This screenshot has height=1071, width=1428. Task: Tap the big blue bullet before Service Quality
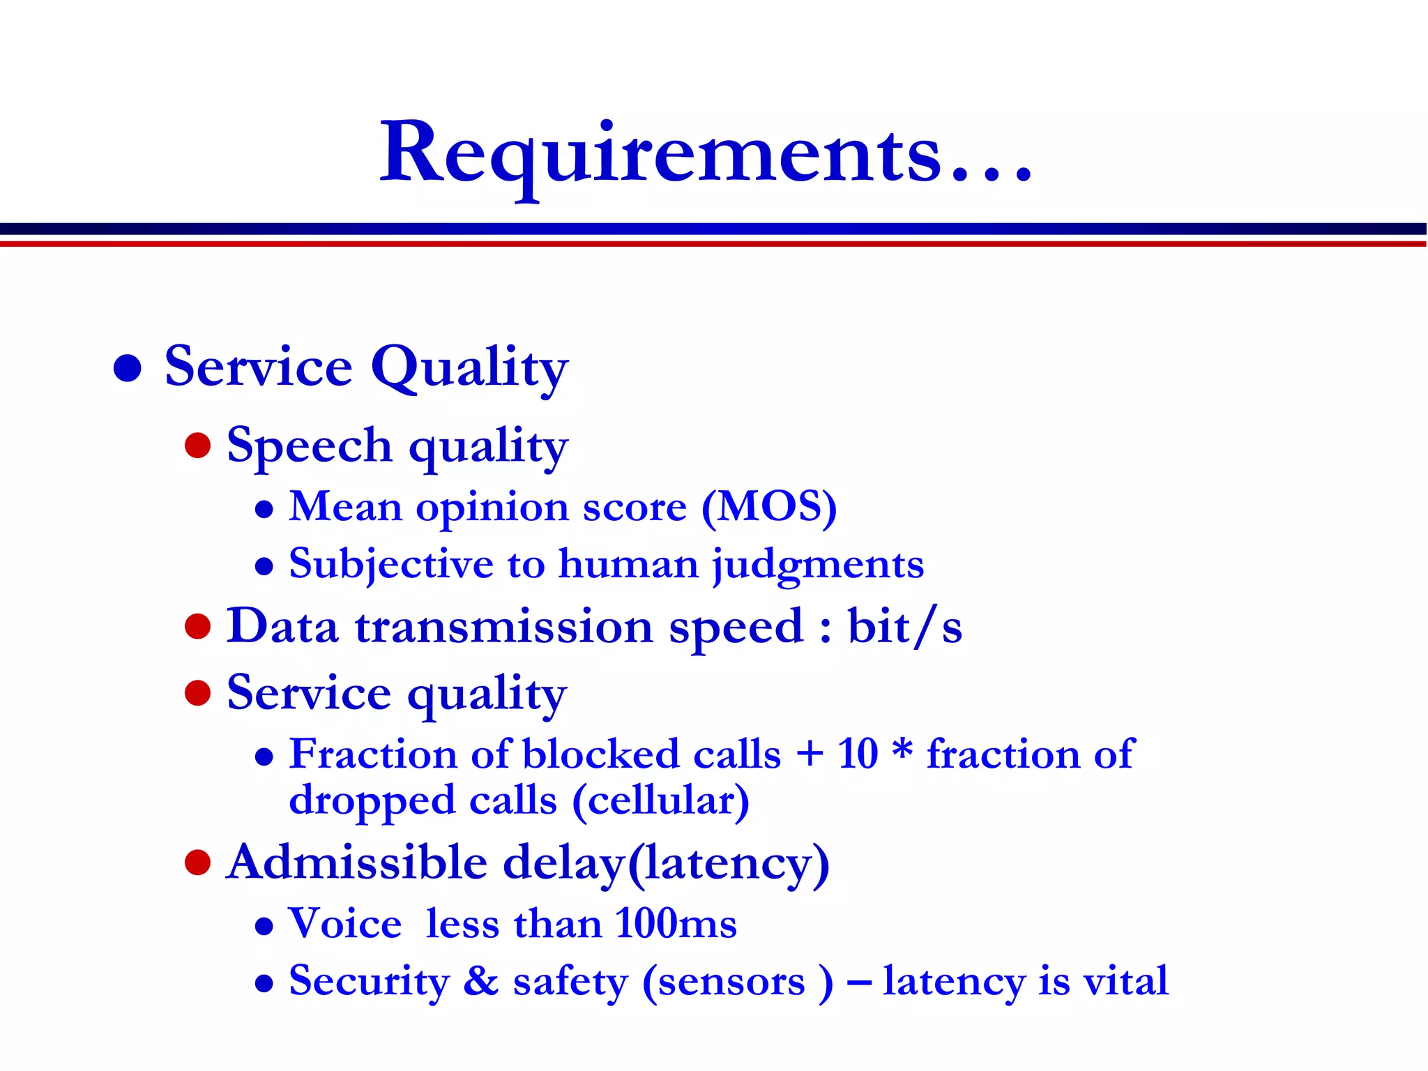pos(128,367)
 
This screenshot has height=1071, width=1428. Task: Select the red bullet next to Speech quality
pos(198,446)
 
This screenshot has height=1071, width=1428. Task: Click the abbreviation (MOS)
pos(769,507)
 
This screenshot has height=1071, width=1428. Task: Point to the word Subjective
pos(391,564)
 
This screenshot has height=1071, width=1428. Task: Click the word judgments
pos(818,564)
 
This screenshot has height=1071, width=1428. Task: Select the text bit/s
pos(904,626)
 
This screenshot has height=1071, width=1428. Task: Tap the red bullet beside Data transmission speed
pos(198,626)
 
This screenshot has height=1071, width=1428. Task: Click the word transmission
pos(503,626)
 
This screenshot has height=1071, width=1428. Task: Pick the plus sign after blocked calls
pos(809,754)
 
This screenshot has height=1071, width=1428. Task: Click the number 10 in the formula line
pos(858,754)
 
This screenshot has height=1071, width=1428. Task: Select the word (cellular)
pos(660,800)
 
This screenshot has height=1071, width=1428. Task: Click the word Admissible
pos(356,863)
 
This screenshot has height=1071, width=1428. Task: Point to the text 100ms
pos(676,924)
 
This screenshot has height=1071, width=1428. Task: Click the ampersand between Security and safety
pos(481,981)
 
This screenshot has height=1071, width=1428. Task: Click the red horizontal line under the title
pos(714,244)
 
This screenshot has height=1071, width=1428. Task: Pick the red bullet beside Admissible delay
pos(198,863)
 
